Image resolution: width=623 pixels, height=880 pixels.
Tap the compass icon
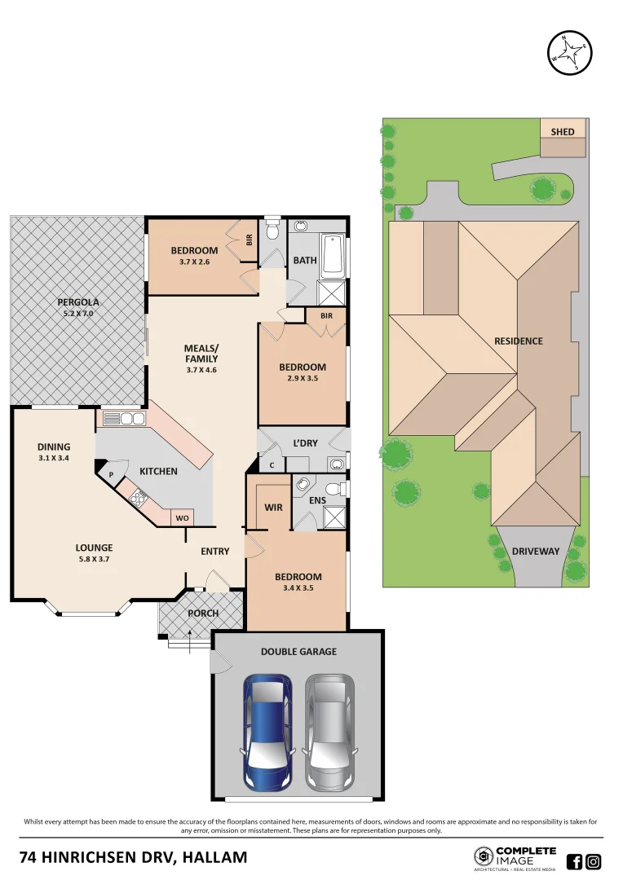coord(568,54)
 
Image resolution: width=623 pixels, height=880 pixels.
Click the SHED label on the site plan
coord(563,131)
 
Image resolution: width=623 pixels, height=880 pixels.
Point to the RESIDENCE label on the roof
coord(518,341)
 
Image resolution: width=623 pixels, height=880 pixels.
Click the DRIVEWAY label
coord(535,552)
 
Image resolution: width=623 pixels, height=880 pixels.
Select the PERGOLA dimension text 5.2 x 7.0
coord(78,313)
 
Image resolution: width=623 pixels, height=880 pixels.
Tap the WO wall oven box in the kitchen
coord(181,518)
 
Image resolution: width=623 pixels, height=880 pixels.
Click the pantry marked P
coord(110,474)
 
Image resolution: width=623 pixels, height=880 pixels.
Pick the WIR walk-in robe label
coord(273,508)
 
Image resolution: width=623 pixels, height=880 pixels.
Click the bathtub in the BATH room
coord(333,255)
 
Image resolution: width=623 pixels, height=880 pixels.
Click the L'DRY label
coord(305,444)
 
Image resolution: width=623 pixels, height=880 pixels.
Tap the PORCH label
coord(203,614)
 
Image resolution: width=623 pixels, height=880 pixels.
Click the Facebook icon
coord(574,862)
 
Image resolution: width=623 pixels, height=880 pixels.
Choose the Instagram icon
coord(594,862)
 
